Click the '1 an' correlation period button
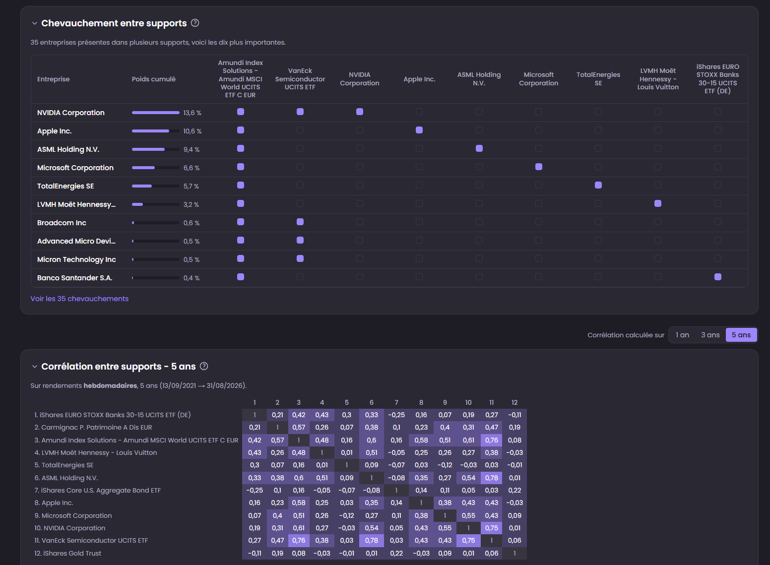coord(682,335)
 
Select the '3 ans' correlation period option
coord(710,335)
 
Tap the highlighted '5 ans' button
coord(741,335)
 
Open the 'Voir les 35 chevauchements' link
coord(79,299)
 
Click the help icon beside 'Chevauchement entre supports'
coord(195,23)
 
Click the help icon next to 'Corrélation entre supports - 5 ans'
coord(204,367)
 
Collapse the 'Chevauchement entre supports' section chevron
coord(34,23)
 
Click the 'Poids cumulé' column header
coord(154,79)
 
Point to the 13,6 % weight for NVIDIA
coord(192,113)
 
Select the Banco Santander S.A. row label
coord(74,278)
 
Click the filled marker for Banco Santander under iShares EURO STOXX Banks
coord(718,277)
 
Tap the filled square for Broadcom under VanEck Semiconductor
coord(300,222)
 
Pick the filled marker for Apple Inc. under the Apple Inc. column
coord(419,130)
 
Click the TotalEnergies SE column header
coord(598,79)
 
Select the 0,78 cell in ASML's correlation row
coord(492,478)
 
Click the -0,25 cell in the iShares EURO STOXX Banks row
coord(396,415)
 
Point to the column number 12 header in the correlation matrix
coord(514,402)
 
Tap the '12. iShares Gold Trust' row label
coord(67,553)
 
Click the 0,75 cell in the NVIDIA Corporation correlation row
coord(492,528)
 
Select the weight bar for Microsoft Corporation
coord(155,168)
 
